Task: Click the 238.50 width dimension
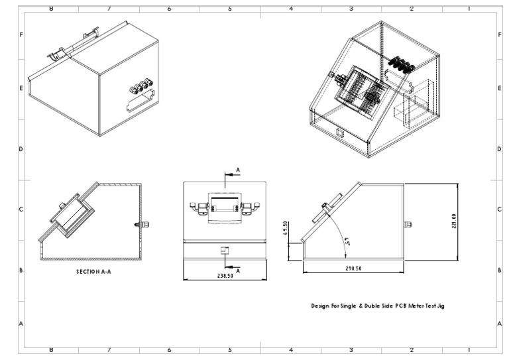(x=224, y=275)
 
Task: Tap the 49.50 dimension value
(x=286, y=228)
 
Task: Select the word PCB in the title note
(x=403, y=306)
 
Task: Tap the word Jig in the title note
(x=449, y=306)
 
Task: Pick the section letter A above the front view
(x=238, y=170)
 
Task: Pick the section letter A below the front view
(x=238, y=270)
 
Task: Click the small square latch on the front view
(x=224, y=250)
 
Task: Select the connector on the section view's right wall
(x=141, y=224)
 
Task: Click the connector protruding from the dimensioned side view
(x=409, y=223)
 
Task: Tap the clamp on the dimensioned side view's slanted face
(x=327, y=208)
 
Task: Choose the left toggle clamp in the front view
(x=198, y=208)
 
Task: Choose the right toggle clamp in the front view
(x=250, y=208)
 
